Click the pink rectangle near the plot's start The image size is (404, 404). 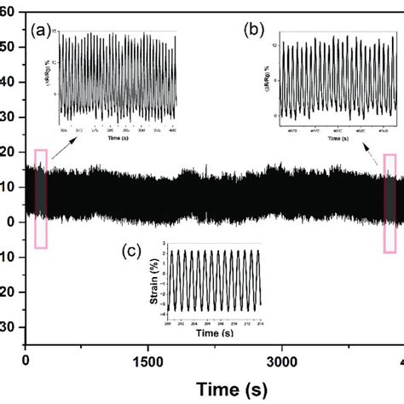pyautogui.click(x=40, y=198)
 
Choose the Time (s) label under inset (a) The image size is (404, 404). pyautogui.click(x=117, y=134)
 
